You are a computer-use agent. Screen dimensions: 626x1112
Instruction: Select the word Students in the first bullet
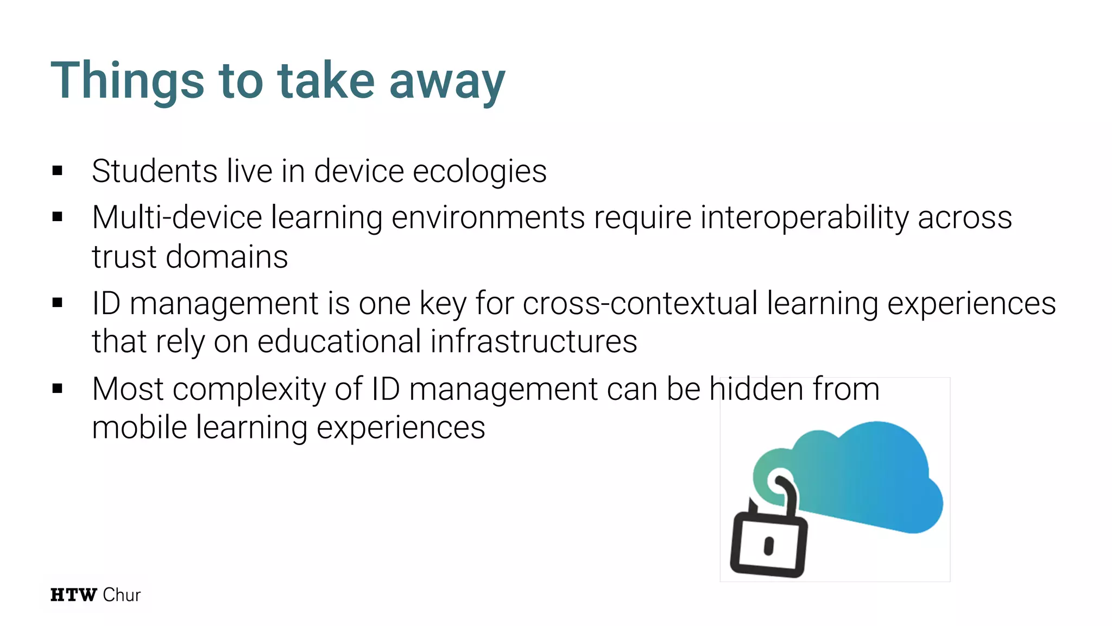click(x=155, y=171)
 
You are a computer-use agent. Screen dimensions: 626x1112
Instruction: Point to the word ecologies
click(x=479, y=172)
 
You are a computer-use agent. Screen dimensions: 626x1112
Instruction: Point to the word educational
click(x=339, y=342)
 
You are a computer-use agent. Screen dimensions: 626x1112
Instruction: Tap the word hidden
click(x=757, y=389)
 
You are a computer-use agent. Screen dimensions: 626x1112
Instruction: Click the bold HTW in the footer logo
click(x=73, y=595)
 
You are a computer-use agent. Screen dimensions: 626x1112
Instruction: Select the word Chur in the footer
click(x=122, y=595)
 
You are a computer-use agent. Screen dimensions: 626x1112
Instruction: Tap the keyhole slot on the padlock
click(x=768, y=546)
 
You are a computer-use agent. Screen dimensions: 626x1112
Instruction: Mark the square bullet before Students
click(x=58, y=171)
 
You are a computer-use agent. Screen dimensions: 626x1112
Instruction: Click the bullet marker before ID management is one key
click(x=58, y=303)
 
